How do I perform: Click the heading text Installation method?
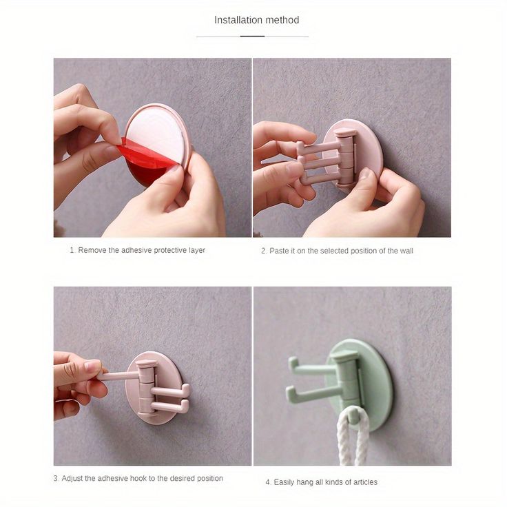[x=256, y=20]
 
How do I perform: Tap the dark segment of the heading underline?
[x=252, y=37]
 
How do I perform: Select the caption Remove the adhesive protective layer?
[x=137, y=250]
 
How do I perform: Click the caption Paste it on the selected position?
[x=338, y=251]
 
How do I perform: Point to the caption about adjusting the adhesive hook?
[x=138, y=478]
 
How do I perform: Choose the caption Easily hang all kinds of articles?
[x=322, y=482]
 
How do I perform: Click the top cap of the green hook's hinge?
[x=345, y=356]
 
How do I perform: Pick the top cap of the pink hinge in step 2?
[x=345, y=132]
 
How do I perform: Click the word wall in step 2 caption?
[x=406, y=251]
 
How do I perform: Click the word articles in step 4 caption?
[x=365, y=482]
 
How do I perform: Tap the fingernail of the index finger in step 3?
[x=93, y=365]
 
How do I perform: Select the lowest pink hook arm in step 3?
[x=170, y=406]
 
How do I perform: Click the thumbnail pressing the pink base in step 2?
[x=364, y=174]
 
